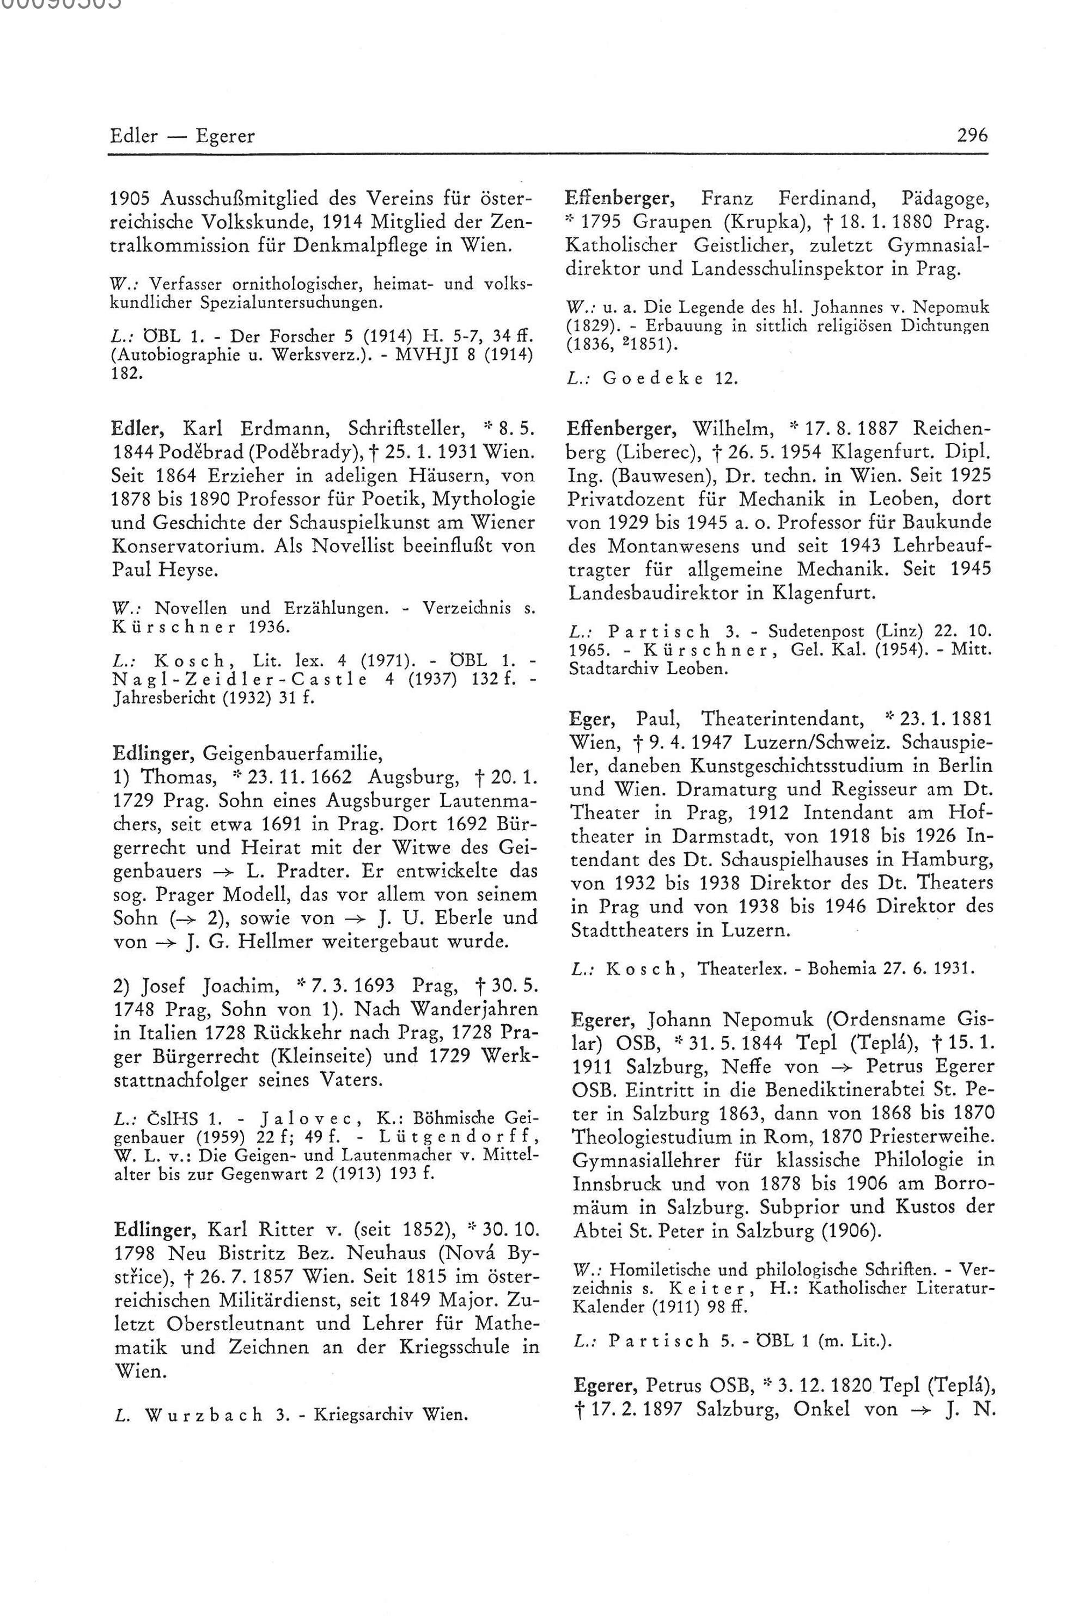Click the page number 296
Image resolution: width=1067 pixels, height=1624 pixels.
pos(972,136)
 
